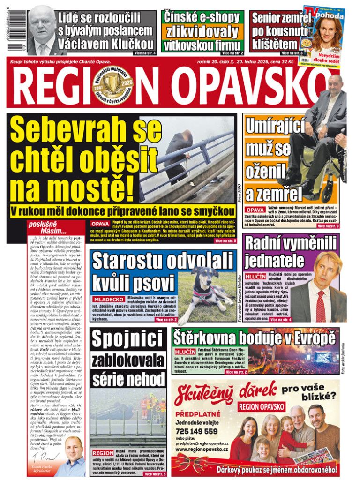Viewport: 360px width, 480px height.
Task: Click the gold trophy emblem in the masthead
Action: (x=111, y=85)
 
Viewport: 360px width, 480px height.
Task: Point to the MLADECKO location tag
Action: (x=109, y=299)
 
